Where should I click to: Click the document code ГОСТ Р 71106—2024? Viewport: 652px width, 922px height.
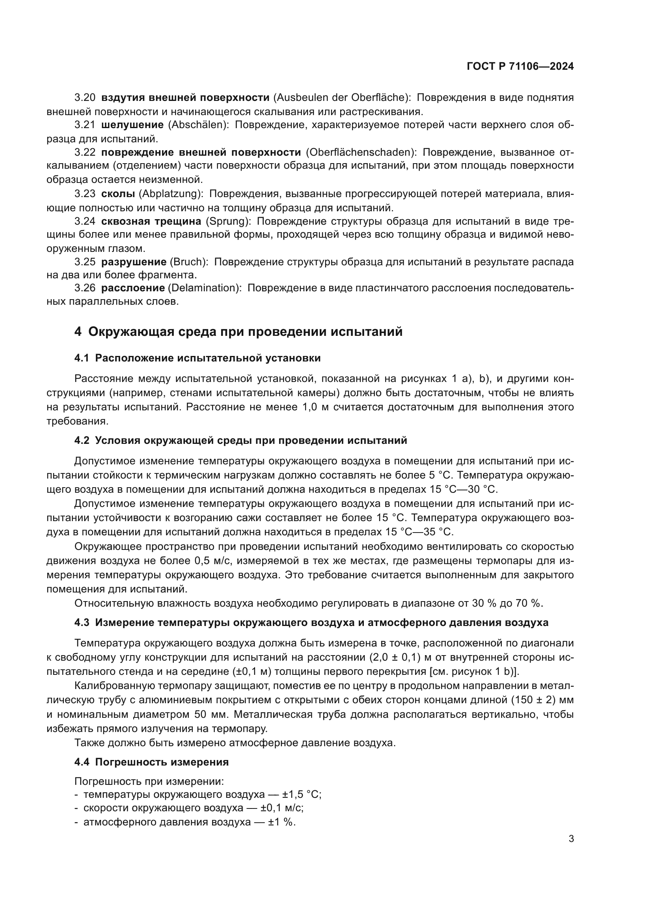[520, 66]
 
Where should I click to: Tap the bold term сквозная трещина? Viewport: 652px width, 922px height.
[151, 221]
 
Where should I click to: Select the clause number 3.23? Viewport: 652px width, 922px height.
[84, 194]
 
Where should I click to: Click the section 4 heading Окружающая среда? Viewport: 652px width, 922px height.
[238, 332]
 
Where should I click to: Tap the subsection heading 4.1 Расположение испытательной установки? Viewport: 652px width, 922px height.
[197, 358]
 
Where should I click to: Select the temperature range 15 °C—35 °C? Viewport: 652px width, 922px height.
[419, 532]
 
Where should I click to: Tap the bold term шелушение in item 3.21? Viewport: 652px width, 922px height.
[132, 125]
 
